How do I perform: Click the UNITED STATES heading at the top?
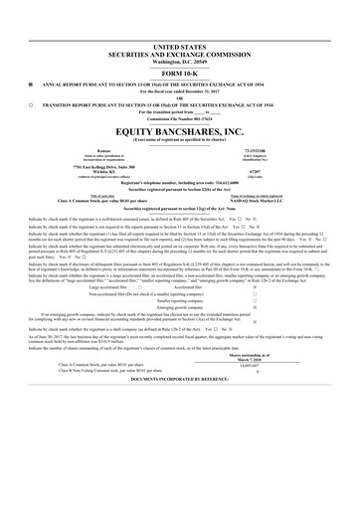point(180,47)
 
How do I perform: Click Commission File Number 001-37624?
point(180,116)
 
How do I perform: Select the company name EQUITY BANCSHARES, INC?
point(180,130)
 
